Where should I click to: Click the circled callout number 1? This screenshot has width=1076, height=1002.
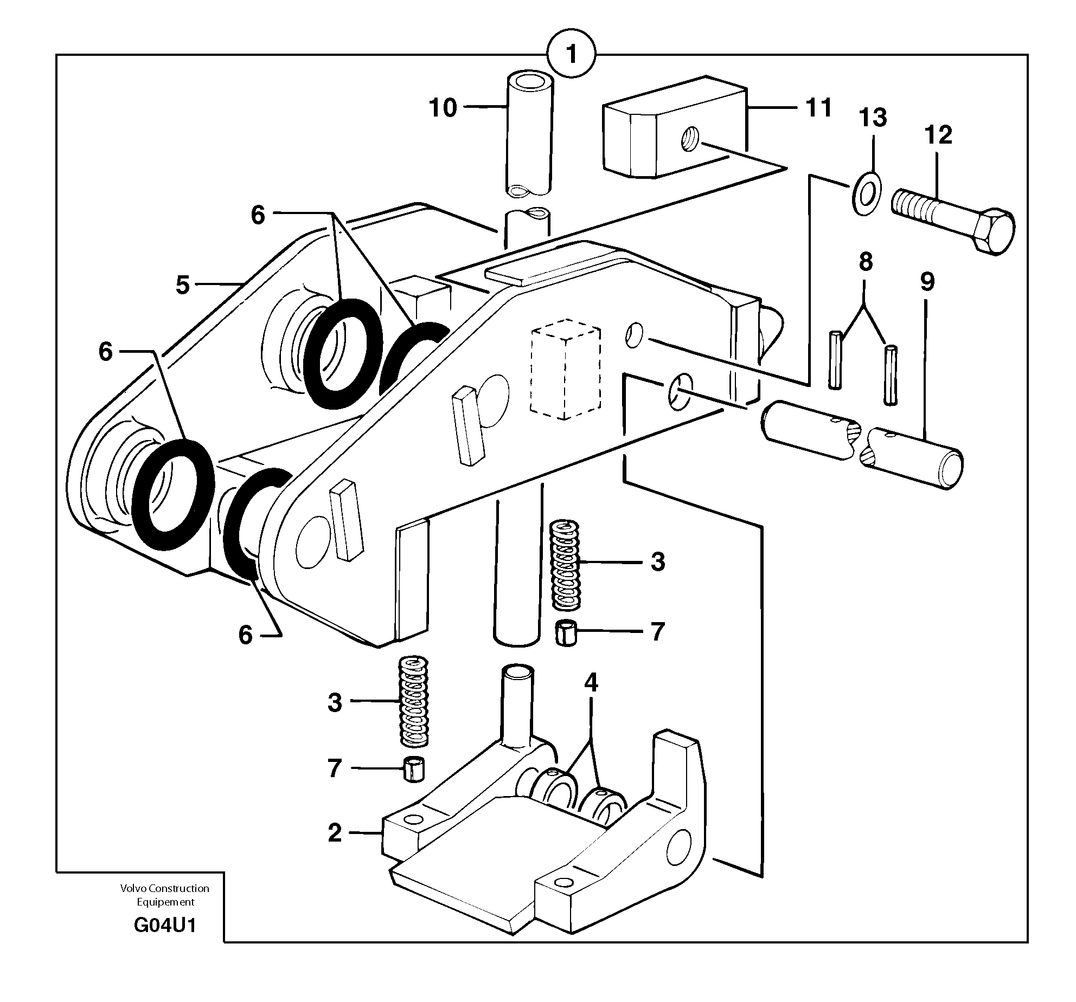571,54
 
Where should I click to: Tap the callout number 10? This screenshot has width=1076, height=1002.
443,108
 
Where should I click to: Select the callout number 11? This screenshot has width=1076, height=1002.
818,108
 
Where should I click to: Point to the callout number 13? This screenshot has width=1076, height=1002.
873,118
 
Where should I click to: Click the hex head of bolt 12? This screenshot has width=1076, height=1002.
994,232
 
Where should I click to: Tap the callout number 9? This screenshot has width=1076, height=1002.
927,282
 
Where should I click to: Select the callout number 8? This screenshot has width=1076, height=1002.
866,262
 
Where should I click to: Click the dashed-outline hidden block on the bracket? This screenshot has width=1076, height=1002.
566,369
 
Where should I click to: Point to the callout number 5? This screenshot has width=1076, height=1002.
183,285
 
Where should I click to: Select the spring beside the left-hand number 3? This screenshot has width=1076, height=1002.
414,700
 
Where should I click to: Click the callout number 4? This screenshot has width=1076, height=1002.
591,683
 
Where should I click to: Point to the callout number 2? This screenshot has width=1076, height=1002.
335,833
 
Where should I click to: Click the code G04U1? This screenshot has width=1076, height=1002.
165,926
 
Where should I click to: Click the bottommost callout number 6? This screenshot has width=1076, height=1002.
245,635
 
